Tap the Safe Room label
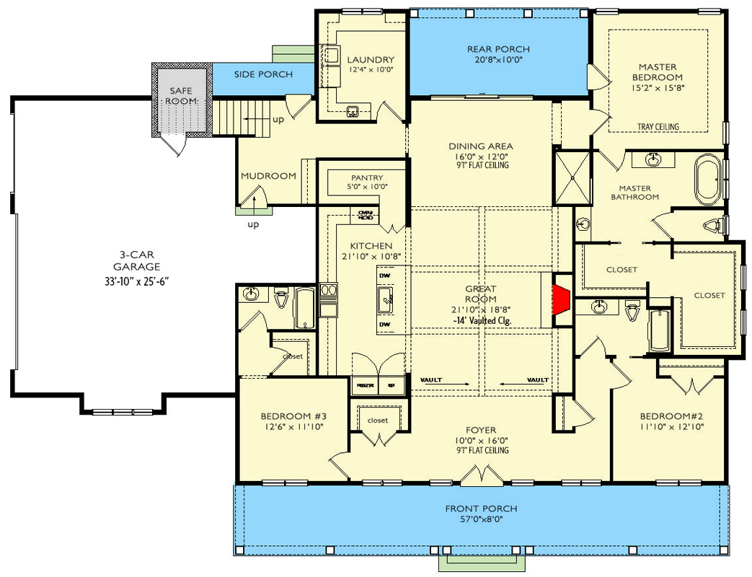coord(180,95)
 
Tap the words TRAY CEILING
coord(658,127)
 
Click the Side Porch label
coord(263,74)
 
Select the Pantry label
coord(367,177)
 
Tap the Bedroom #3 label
coord(293,416)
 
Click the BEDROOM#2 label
coord(671,416)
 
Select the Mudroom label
coord(268,175)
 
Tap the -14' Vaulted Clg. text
coord(482,320)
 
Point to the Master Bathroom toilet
coord(715,226)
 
